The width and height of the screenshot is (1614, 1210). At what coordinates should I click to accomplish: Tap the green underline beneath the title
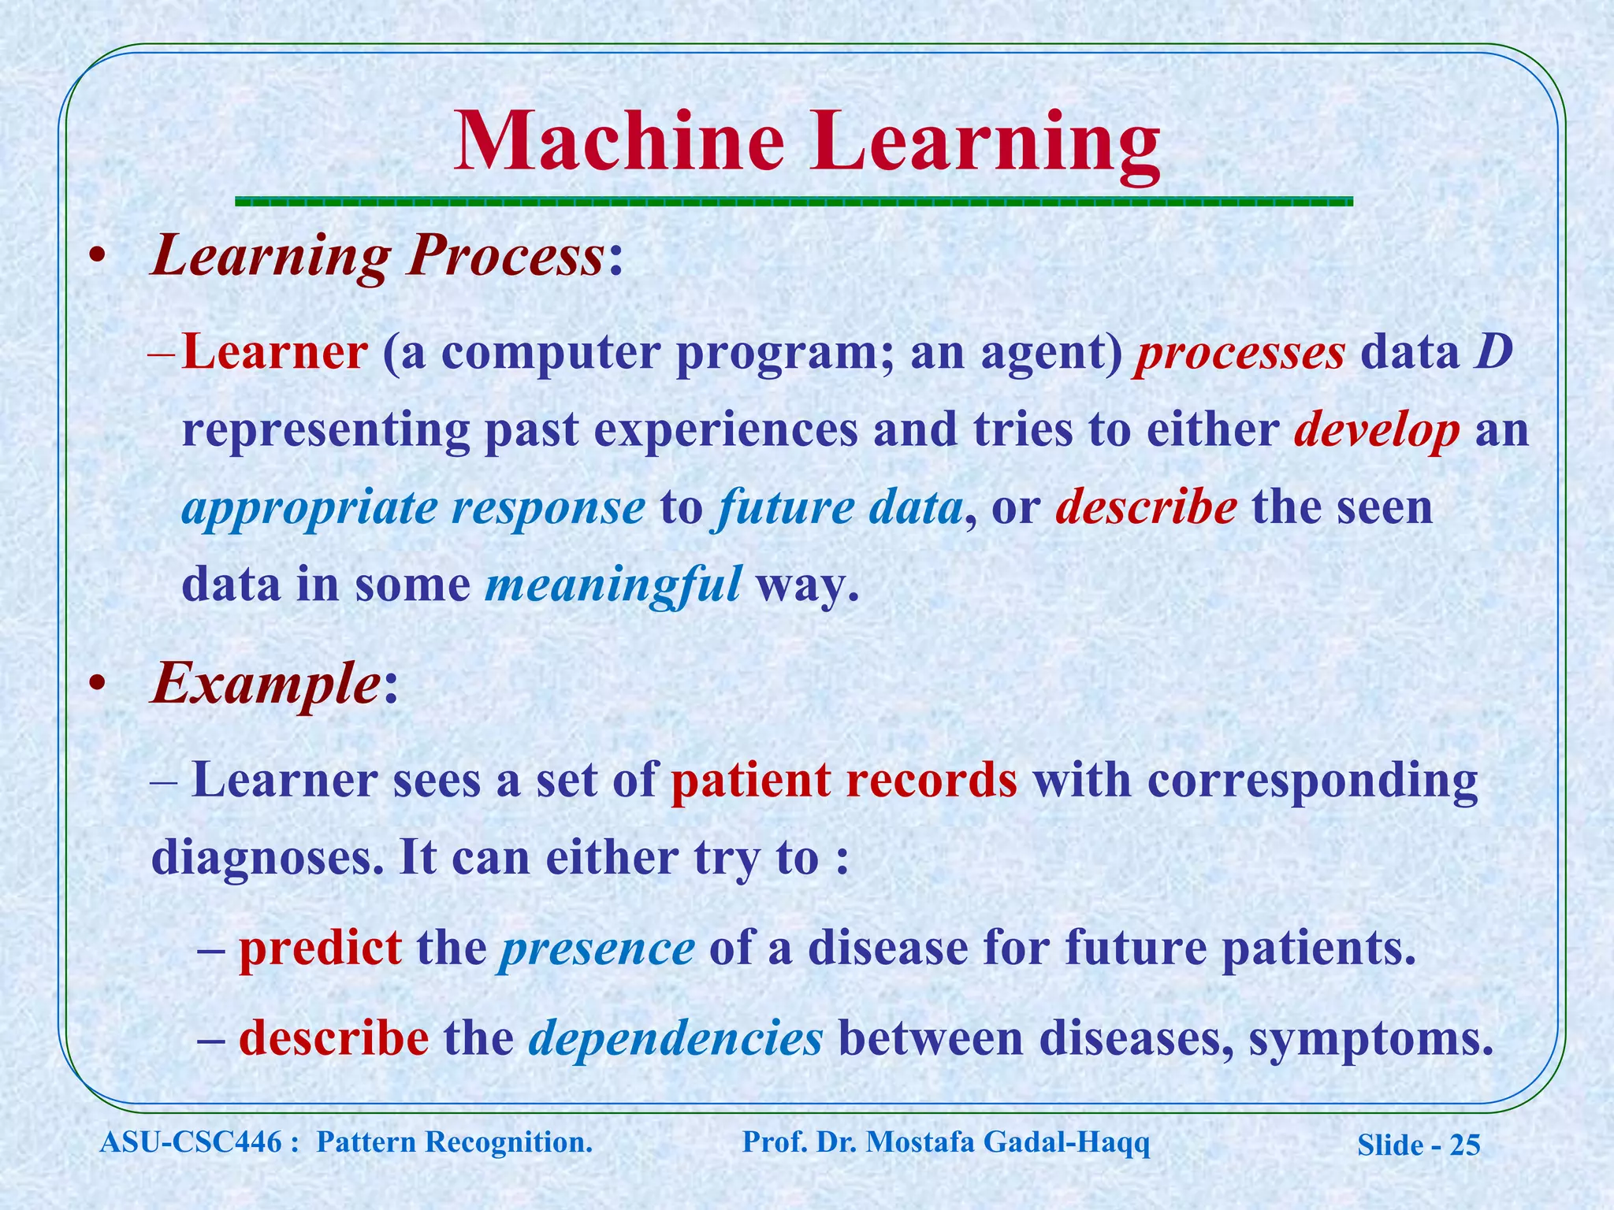794,202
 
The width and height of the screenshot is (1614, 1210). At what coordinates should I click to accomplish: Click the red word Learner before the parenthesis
274,352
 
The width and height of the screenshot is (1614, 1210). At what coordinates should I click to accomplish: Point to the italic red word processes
1239,352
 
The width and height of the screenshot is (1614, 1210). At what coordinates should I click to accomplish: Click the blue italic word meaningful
612,585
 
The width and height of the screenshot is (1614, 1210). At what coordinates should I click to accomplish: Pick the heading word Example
266,685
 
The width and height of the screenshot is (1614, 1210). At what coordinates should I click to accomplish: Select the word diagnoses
266,857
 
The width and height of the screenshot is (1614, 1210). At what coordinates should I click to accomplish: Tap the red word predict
320,948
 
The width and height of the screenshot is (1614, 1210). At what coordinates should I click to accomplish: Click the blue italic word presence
596,948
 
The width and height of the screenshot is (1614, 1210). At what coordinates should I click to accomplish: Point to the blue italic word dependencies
675,1038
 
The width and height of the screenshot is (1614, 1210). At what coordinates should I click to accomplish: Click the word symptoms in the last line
1371,1038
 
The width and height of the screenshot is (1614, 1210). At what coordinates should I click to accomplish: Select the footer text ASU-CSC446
191,1141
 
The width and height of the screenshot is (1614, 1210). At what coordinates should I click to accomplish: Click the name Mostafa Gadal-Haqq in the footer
1008,1141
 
